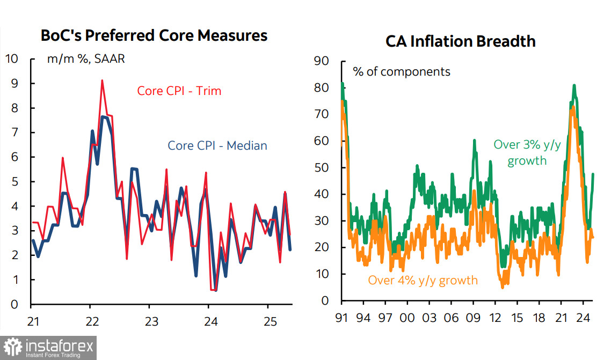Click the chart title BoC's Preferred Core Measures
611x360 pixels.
coord(154,36)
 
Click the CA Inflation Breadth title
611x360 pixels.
coord(460,41)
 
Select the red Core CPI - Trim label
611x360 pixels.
coord(179,91)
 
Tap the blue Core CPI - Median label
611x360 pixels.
coord(217,145)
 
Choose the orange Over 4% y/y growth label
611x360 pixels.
coord(423,280)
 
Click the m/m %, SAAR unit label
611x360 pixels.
coord(86,59)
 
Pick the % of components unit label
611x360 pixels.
coord(402,71)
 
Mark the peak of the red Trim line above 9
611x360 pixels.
coord(102,80)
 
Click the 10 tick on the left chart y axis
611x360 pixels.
coord(12,59)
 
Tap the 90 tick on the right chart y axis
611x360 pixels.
coord(321,61)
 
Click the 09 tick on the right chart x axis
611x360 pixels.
coord(474,318)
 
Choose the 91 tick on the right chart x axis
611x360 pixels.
coord(341,318)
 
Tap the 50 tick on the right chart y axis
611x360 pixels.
coord(321,167)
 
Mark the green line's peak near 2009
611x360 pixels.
coord(475,140)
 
